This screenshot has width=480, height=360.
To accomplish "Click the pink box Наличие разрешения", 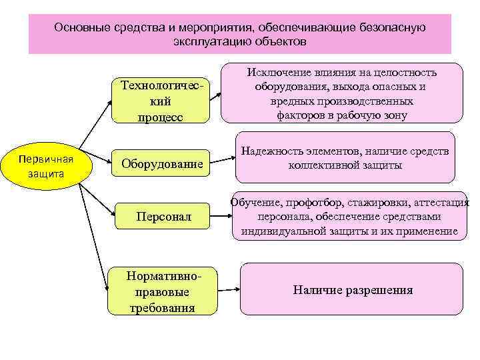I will coord(351,290).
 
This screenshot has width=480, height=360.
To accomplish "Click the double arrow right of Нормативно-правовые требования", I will coord(228,290).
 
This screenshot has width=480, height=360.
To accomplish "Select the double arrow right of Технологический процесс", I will coord(215,97).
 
